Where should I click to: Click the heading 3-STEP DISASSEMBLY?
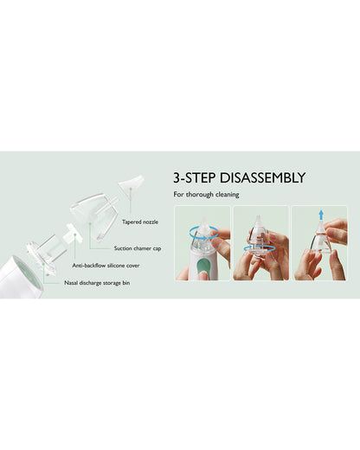[x=239, y=177]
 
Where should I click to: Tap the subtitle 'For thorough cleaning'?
[x=206, y=195]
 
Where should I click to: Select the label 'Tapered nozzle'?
[x=140, y=222]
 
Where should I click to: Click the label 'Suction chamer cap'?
[x=138, y=248]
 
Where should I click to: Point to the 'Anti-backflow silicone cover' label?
[x=106, y=266]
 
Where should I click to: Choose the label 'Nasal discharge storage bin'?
[x=97, y=283]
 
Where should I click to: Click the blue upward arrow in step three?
[x=321, y=215]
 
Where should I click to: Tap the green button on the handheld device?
[x=203, y=266]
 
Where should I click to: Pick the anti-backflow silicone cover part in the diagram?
[x=70, y=234]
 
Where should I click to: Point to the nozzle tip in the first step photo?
[x=203, y=220]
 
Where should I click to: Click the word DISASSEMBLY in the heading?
[x=262, y=177]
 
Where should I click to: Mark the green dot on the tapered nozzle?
[x=131, y=189]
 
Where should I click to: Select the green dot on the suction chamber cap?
[x=90, y=223]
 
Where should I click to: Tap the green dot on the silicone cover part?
[x=74, y=235]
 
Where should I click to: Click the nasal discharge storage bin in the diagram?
[x=46, y=254]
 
